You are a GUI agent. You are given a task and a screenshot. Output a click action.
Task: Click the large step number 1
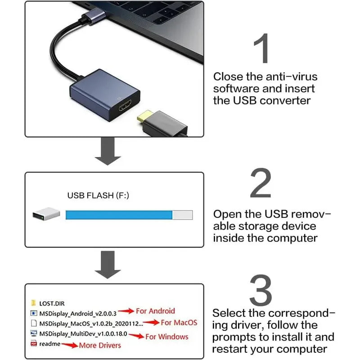coord(262,48)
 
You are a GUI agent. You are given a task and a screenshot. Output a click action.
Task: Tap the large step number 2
coord(261,183)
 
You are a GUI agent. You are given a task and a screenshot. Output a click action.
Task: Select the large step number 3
coord(261,291)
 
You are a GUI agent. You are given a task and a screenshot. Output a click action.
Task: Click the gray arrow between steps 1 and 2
coord(108,152)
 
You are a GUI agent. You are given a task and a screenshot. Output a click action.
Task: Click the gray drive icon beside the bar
coord(46,214)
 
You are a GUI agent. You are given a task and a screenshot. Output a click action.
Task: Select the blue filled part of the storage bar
coord(119,215)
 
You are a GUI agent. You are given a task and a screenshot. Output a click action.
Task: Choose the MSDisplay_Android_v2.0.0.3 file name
coord(78,313)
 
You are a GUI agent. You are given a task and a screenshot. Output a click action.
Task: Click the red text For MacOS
coord(179,323)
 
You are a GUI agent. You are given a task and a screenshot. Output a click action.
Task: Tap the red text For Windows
coord(167,337)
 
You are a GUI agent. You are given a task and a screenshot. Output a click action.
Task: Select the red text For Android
coord(155,311)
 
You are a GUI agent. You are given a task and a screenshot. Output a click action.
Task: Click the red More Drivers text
coord(100,345)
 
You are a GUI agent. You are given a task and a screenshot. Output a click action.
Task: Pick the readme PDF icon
coord(34,344)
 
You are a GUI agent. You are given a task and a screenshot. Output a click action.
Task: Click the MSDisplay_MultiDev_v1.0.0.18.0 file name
coord(84,334)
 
